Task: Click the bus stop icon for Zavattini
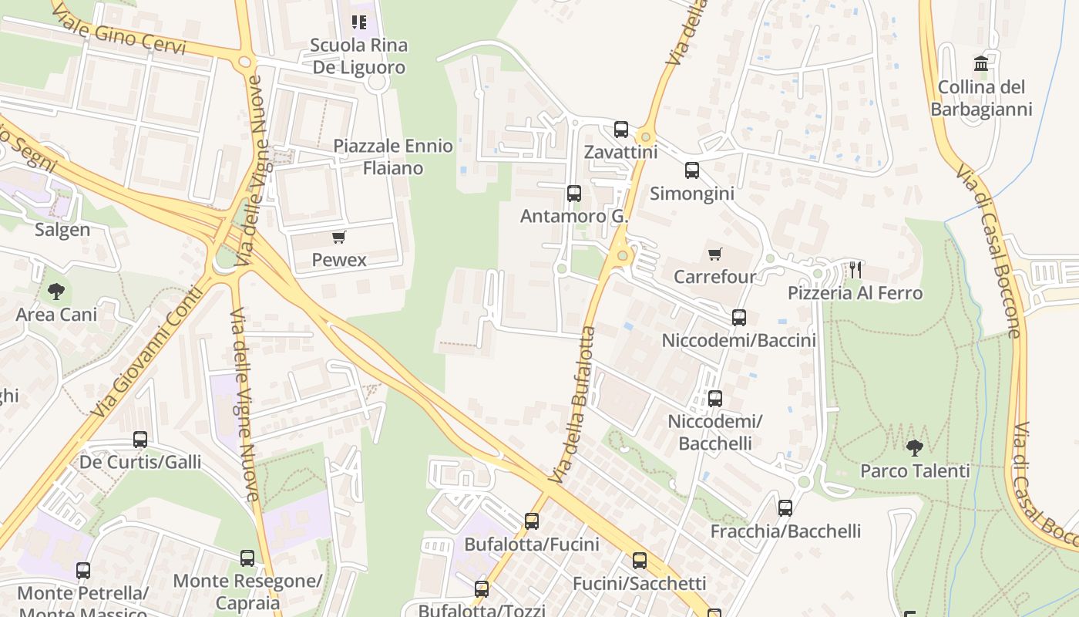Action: coord(621,130)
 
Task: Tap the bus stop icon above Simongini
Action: coord(692,170)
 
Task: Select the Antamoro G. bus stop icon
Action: coord(574,194)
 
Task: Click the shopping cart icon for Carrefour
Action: coord(715,254)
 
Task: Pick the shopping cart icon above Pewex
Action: coord(339,237)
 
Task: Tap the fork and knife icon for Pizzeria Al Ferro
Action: coord(855,270)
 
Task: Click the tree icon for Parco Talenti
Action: coord(915,447)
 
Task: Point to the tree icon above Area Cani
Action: coord(56,292)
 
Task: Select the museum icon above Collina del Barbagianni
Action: coord(981,63)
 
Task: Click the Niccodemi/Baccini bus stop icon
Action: coord(739,317)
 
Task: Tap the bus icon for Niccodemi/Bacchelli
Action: coord(715,399)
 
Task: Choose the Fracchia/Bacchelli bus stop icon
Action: coord(785,508)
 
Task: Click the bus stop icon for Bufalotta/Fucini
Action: coord(532,521)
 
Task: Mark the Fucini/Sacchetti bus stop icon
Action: coord(640,561)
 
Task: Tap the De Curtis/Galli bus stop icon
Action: coord(140,440)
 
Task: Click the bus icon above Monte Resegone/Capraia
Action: coord(247,558)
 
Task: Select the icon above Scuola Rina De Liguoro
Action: coord(359,22)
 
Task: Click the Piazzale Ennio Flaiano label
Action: coord(393,157)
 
